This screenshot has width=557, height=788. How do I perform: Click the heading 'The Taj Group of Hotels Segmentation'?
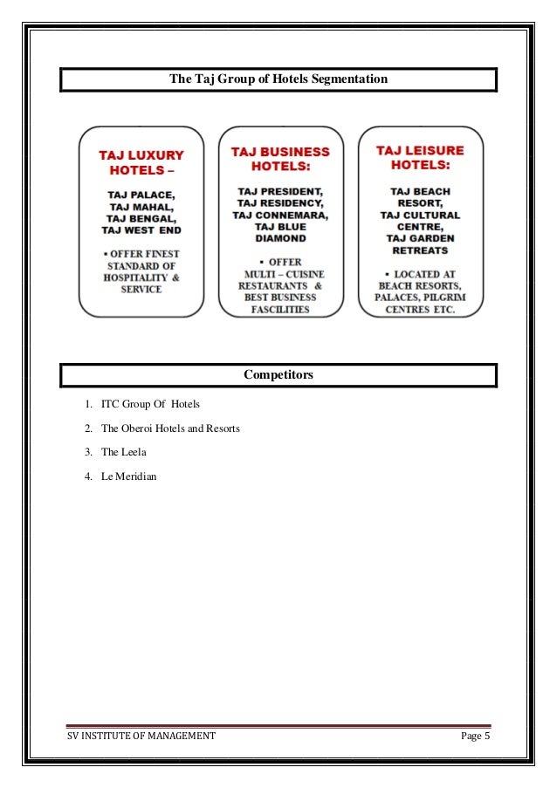coord(278,79)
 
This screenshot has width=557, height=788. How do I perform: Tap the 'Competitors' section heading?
coord(278,375)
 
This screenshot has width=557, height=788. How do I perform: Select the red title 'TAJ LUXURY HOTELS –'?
coord(141,162)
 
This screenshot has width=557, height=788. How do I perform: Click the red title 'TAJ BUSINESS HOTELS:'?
coord(280,158)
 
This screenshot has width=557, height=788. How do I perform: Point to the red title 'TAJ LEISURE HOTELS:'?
coord(420,157)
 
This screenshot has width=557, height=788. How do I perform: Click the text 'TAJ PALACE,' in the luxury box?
coord(141,194)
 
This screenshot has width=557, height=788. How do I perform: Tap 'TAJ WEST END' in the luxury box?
coord(141,231)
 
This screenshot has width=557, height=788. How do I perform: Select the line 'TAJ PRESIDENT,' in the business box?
coord(279,190)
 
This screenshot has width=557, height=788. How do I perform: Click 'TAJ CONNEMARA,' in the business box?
coord(279,214)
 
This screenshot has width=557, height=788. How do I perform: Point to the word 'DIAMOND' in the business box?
coord(279,237)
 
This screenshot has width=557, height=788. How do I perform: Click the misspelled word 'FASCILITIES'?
coord(279,309)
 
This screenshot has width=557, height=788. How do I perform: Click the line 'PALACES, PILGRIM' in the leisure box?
coord(420,297)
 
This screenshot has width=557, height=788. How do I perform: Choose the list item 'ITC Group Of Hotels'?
coord(150,405)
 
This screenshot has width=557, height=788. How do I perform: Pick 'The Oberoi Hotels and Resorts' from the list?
coord(170,428)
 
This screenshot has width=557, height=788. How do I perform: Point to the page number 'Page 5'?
coord(476,736)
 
